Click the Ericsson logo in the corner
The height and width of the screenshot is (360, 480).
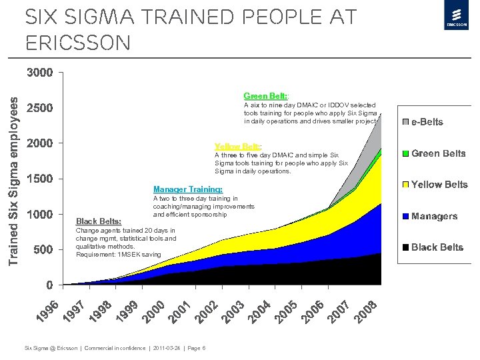click(455, 18)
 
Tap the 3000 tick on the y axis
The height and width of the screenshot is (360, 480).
click(40, 72)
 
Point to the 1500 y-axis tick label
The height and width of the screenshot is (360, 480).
click(40, 179)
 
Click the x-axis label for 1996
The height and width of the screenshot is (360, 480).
click(47, 314)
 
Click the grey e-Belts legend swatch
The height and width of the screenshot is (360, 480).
click(405, 122)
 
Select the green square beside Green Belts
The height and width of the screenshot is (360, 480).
click(405, 153)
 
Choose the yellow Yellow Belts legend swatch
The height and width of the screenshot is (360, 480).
click(405, 184)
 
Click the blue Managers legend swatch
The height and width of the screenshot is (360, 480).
click(405, 216)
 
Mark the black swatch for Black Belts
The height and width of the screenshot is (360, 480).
click(405, 247)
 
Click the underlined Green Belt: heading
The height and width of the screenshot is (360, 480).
click(266, 96)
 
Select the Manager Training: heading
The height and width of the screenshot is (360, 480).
click(188, 189)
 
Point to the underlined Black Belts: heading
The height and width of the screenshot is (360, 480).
click(99, 221)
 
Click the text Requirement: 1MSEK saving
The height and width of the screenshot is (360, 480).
click(119, 255)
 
